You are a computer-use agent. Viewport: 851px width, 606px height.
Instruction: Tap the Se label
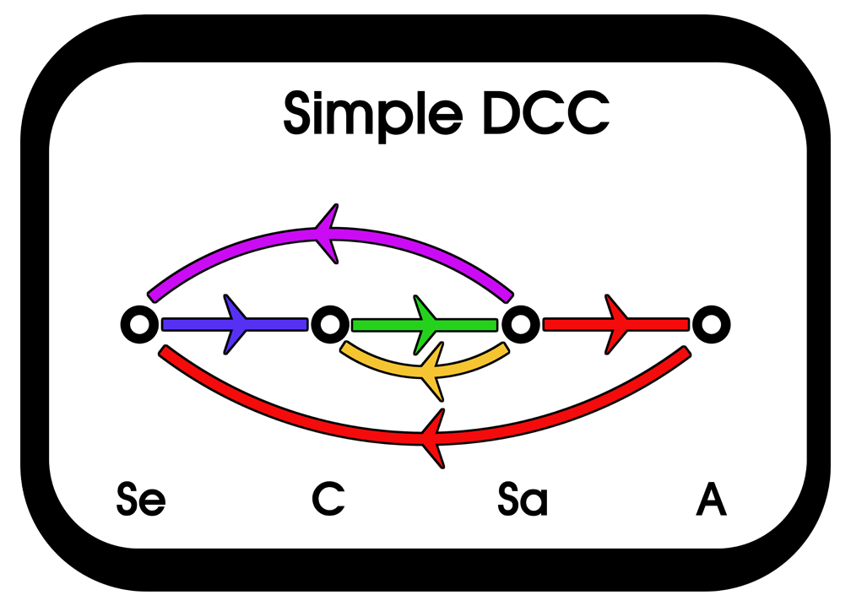[141, 500]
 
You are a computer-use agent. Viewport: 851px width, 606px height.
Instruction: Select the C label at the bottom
[328, 499]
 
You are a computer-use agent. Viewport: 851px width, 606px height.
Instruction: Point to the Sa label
[522, 500]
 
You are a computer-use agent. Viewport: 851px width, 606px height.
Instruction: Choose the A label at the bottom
[711, 499]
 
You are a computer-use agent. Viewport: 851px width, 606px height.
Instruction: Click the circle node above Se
[138, 323]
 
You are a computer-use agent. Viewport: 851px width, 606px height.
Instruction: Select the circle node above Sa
[520, 323]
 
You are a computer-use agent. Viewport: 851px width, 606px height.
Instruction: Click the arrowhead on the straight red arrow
[616, 323]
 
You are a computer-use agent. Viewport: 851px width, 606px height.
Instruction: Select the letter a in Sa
[534, 503]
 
